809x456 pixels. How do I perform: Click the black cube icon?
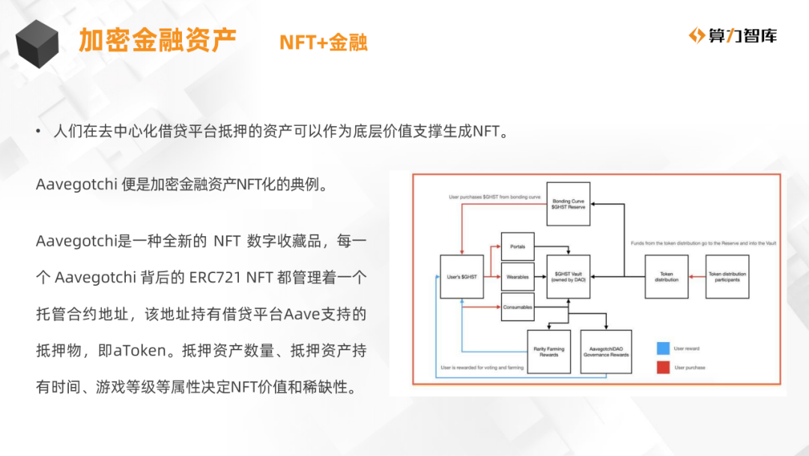[37, 43]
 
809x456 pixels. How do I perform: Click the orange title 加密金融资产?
[157, 40]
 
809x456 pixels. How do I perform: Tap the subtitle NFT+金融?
[324, 42]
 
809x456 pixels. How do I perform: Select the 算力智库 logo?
[733, 35]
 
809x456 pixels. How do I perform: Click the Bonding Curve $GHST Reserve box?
[569, 204]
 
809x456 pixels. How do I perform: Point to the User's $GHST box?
[461, 277]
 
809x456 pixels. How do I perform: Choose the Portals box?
[517, 247]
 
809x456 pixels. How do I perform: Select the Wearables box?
[517, 277]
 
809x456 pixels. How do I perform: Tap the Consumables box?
[517, 307]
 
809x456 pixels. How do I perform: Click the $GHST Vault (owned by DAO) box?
[569, 277]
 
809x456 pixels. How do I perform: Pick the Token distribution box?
[666, 277]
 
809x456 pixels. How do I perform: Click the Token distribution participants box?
[727, 277]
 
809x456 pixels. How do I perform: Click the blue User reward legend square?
[661, 349]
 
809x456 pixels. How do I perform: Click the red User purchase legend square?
[661, 367]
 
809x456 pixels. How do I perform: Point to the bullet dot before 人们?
[38, 133]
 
